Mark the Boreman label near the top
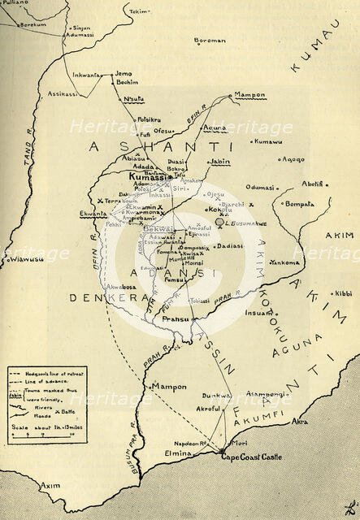pos(210,39)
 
